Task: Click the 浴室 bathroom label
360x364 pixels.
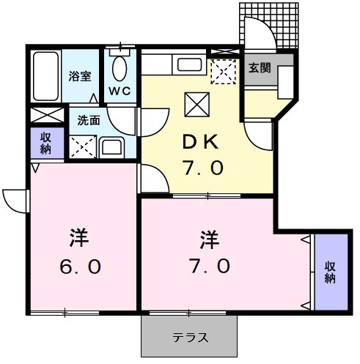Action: pos(79,75)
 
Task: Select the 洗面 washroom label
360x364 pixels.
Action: pos(89,121)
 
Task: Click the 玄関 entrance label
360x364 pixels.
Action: pos(259,68)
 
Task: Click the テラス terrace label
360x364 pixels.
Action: pos(190,338)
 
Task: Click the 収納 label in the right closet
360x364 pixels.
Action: pos(329,271)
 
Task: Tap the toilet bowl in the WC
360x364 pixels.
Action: pos(120,69)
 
